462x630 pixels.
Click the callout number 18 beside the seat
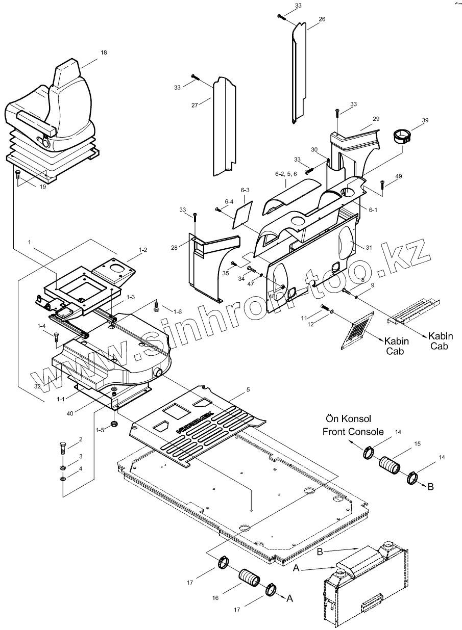(x=104, y=52)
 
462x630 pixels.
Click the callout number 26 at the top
(x=322, y=19)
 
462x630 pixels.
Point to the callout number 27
(x=194, y=105)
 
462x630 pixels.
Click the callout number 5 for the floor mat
(x=248, y=389)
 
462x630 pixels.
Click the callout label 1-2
(x=142, y=250)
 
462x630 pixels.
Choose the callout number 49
(x=399, y=176)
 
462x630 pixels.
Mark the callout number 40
(x=70, y=413)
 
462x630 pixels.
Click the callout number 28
(x=175, y=247)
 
